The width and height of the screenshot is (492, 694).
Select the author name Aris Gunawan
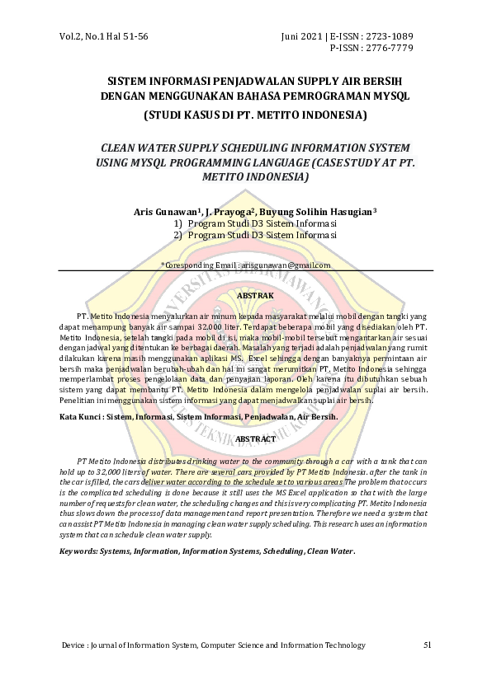point(163,212)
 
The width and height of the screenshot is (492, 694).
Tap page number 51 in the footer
point(427,645)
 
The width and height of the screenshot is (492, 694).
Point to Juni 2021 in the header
point(304,37)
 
